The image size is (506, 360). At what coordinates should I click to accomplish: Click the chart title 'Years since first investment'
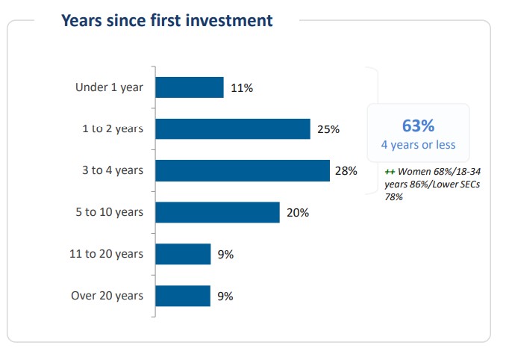tap(166, 20)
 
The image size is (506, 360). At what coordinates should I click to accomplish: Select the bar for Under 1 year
tap(189, 87)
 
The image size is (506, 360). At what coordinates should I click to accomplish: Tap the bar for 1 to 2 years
tap(232, 129)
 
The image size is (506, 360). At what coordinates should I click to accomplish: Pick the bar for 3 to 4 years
tap(242, 170)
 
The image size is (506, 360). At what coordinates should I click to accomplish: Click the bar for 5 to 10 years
tap(217, 212)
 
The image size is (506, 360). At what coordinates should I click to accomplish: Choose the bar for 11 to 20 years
tap(183, 254)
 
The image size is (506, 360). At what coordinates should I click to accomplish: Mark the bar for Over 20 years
tap(183, 296)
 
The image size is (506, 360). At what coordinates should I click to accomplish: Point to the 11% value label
tap(242, 88)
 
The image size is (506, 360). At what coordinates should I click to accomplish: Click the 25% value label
tap(328, 129)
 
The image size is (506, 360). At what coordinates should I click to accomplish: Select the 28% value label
tap(346, 170)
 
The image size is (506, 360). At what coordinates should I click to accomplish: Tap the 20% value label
tap(298, 213)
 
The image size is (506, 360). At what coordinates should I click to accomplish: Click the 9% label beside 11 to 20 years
tap(226, 254)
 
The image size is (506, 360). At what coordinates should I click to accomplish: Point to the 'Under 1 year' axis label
tap(109, 87)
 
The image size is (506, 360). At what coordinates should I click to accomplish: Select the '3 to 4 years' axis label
tap(113, 170)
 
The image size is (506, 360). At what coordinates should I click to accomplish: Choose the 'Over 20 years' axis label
tap(107, 296)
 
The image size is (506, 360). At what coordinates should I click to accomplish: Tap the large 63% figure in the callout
tap(418, 125)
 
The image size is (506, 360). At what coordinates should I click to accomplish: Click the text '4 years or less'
tap(418, 145)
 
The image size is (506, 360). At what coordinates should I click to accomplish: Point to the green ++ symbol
tap(389, 172)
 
